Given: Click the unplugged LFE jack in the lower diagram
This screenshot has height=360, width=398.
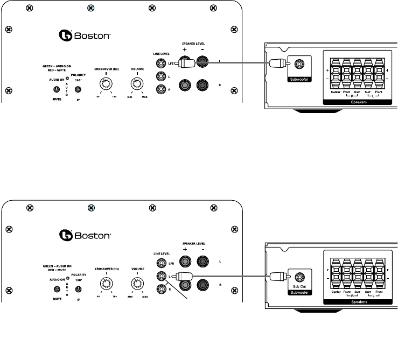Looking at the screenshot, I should pos(160,263).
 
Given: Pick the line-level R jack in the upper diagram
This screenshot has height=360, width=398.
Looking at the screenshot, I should pos(160,89).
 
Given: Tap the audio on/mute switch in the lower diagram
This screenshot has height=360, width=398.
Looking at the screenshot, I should pos(57,290).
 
